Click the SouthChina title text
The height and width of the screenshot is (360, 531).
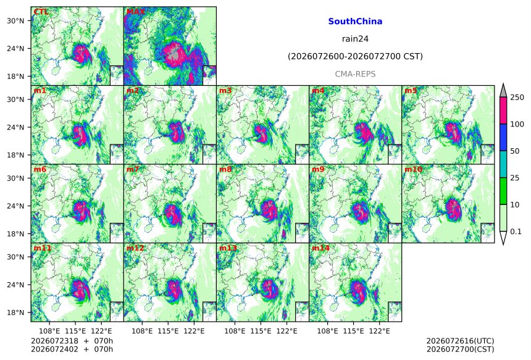[x=355, y=22]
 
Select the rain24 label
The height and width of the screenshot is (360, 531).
[x=355, y=39]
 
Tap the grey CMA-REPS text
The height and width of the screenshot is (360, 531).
[x=355, y=74]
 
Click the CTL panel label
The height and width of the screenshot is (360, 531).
[x=41, y=12]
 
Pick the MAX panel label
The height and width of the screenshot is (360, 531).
[x=135, y=12]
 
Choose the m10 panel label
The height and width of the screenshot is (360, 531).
[x=414, y=169]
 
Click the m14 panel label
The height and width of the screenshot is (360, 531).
[x=320, y=248]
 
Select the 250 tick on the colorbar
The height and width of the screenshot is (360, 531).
[x=517, y=98]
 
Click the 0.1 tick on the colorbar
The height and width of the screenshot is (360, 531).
[x=516, y=232]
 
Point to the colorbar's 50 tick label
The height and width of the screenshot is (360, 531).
[x=515, y=151]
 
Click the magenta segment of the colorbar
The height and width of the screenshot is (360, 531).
[x=503, y=111]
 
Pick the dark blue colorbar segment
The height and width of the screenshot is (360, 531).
[x=503, y=137]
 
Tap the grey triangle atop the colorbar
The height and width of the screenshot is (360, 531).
[x=503, y=90]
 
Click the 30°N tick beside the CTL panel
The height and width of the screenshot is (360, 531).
[x=15, y=20]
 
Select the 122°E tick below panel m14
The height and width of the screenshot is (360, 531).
[x=379, y=331]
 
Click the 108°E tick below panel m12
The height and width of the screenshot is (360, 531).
[x=142, y=331]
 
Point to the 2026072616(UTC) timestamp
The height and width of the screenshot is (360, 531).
[x=460, y=341]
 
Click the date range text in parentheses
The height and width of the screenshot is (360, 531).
[x=355, y=56]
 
